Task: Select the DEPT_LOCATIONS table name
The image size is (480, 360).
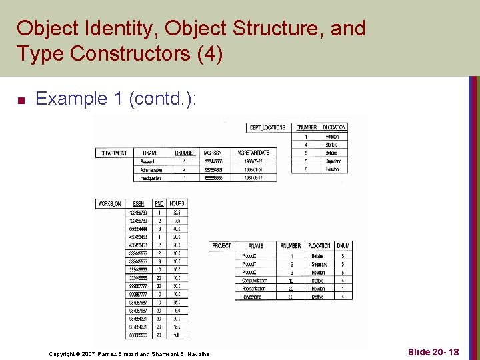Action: coord(267,127)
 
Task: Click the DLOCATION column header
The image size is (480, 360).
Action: coord(334,127)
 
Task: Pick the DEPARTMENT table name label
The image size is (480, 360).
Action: coord(113,153)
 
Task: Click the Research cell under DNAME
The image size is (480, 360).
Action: coord(148,161)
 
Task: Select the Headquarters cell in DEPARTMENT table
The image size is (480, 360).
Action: coord(151,178)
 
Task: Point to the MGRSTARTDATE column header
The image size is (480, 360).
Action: coord(247,153)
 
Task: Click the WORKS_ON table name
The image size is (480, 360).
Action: coord(110,203)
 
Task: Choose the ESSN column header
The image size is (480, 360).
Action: coord(139,203)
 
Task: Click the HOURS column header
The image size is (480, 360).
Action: coord(177,203)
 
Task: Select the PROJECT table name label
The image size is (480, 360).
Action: coord(221,246)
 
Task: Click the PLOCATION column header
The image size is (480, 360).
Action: coord(320,246)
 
